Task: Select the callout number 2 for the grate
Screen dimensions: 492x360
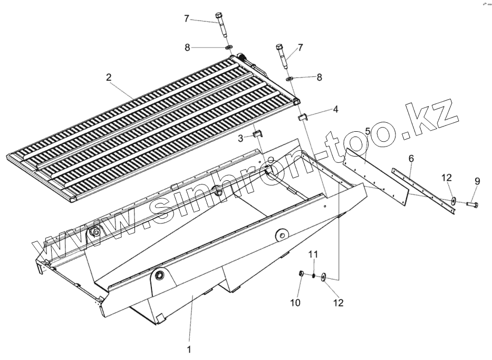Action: (108, 77)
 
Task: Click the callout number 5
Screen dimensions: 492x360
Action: (368, 130)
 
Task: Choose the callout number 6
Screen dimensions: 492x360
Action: (411, 158)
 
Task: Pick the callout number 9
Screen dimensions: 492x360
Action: (477, 181)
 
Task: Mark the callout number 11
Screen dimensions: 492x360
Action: (313, 255)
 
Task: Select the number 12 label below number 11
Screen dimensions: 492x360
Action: (337, 303)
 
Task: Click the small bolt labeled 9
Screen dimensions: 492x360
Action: (471, 203)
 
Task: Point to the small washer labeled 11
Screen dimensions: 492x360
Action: (313, 275)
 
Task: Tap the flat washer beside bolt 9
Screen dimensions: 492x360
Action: (453, 201)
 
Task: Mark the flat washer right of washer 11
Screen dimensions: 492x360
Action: (323, 276)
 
